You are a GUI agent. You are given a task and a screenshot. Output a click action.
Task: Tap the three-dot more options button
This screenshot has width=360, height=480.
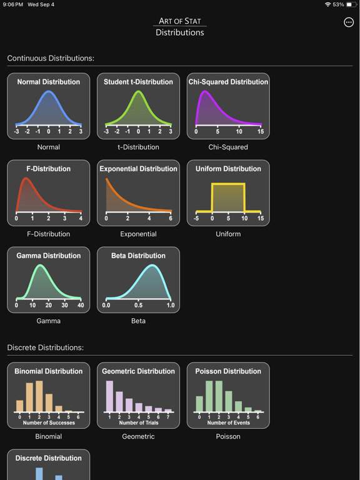click(349, 22)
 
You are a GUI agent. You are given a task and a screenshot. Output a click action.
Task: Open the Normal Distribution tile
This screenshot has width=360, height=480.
click(49, 106)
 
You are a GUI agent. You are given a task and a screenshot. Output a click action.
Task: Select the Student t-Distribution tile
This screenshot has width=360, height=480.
click(138, 106)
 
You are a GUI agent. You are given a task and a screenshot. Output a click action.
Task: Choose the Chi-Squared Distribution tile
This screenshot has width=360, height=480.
click(228, 106)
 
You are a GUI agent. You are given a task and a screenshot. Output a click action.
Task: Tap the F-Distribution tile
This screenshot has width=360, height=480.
click(49, 192)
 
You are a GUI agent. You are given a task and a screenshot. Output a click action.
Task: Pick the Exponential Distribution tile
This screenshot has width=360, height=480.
click(138, 192)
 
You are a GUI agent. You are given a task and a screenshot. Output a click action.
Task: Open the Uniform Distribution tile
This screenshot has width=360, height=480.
click(228, 192)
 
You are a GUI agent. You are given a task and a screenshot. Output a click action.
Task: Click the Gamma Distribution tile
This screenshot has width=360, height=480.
click(49, 279)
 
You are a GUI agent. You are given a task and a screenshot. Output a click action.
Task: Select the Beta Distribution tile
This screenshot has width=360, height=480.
click(138, 279)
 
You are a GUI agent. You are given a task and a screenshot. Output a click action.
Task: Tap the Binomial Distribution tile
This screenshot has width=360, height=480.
click(49, 395)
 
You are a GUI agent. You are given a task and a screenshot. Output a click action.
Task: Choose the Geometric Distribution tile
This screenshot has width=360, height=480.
click(138, 395)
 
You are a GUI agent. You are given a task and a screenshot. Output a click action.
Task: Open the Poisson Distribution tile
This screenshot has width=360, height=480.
click(228, 395)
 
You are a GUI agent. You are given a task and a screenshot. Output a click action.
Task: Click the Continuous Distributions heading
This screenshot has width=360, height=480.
click(51, 58)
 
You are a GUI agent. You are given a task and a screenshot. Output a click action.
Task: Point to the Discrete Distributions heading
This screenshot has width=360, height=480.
click(46, 347)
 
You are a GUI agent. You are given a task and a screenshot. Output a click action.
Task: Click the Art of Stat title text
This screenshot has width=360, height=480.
click(180, 21)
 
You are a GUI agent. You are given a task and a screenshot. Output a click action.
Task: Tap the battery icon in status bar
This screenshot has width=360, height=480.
click(351, 4)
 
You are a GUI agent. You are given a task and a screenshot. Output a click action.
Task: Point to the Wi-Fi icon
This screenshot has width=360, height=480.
click(327, 4)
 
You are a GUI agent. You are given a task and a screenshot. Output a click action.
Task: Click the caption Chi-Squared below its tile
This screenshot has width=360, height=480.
click(228, 147)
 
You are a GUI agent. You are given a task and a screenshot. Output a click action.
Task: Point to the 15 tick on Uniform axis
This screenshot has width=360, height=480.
click(261, 219)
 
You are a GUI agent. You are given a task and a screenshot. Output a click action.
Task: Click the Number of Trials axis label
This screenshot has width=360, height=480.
click(138, 423)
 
